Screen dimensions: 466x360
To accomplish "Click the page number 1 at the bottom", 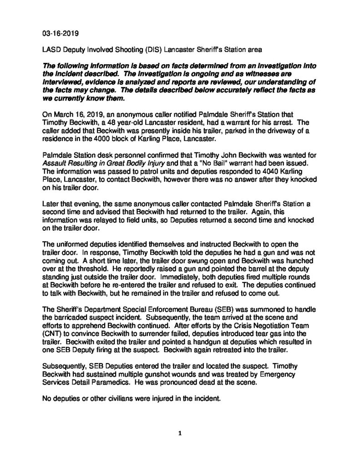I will click(x=180, y=434).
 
